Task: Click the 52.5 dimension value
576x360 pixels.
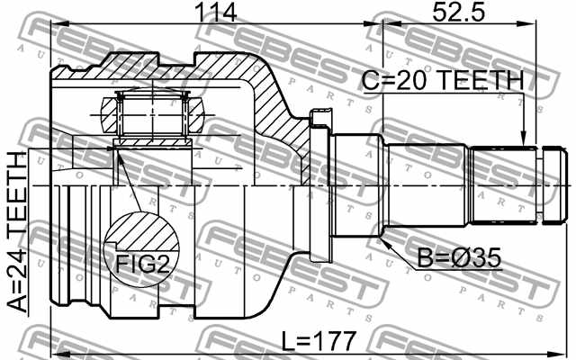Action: [458, 12]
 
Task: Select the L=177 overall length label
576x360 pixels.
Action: [319, 341]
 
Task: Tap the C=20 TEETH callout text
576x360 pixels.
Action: [443, 80]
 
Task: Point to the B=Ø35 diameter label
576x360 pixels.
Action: [459, 258]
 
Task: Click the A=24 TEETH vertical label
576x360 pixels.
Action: [18, 232]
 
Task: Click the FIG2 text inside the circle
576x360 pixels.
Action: [143, 264]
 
